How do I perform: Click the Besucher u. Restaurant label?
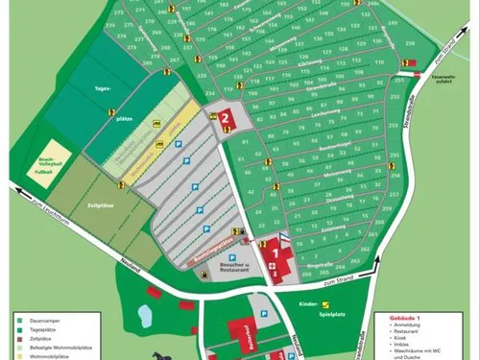[x=224, y=267]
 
